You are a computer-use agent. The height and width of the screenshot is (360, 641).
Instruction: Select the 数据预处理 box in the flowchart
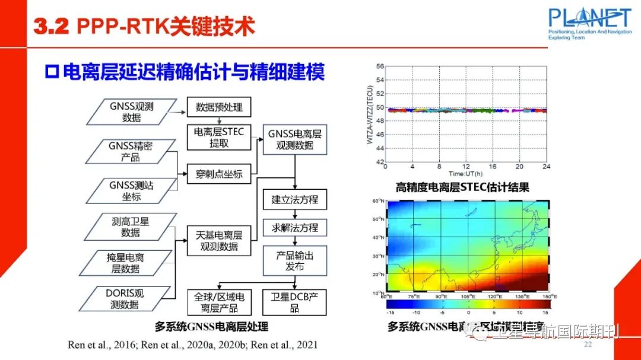coord(219,108)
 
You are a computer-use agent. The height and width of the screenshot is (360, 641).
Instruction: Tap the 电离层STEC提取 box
coord(219,138)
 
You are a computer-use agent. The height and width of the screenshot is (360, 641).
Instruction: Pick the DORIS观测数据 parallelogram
coord(127,299)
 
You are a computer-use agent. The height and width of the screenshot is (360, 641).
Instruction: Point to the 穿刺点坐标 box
coord(219,174)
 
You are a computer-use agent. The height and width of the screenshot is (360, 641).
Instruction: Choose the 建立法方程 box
coord(295,199)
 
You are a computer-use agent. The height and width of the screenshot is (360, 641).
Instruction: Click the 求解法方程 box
coord(295,228)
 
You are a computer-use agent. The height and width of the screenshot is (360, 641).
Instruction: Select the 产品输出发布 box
coord(295,260)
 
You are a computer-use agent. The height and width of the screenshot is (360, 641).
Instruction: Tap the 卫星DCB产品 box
coord(295,302)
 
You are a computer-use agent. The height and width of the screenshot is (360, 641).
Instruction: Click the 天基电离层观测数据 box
coord(219,241)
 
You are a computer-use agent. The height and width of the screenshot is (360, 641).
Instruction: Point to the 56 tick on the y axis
coord(380,66)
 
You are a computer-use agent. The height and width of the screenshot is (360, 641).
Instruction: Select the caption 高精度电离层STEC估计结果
coord(462,188)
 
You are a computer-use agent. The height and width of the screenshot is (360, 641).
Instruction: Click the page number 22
coord(589,345)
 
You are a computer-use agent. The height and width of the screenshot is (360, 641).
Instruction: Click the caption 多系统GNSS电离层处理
coord(212,326)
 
